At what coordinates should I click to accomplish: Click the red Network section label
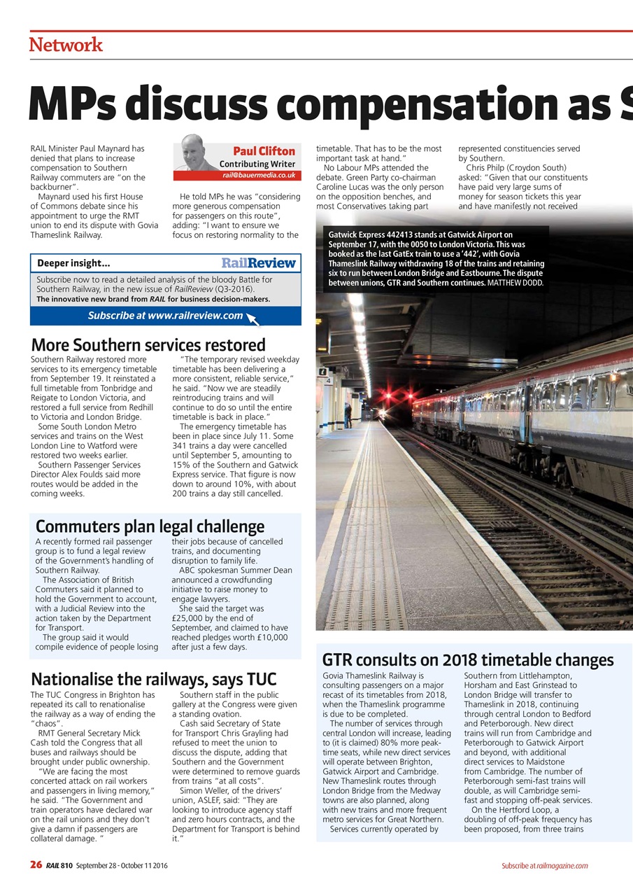(x=66, y=45)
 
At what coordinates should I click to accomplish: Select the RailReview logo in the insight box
(x=258, y=263)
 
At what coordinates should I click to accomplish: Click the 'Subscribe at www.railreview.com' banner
(x=165, y=316)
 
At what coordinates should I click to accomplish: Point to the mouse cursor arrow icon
(x=253, y=319)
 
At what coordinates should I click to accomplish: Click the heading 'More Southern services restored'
(x=148, y=345)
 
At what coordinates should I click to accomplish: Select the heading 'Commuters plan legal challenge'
(x=150, y=526)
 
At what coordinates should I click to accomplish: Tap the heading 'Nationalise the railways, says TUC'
(x=154, y=679)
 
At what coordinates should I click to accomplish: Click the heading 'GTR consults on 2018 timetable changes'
(x=467, y=660)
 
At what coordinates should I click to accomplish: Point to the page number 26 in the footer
(x=36, y=865)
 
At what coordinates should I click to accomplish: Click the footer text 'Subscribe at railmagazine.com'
(x=544, y=866)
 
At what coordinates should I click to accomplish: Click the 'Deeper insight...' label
(x=73, y=264)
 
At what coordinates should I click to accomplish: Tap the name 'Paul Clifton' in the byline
(x=263, y=151)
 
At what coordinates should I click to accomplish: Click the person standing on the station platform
(x=348, y=414)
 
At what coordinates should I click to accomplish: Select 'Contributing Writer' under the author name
(x=257, y=164)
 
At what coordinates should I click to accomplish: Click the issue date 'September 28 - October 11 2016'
(x=122, y=866)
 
